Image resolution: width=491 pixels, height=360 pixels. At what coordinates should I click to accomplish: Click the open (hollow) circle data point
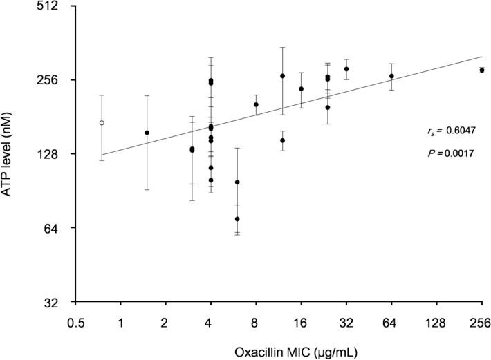click(x=102, y=123)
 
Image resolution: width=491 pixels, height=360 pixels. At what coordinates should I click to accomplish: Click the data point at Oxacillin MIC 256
click(x=482, y=70)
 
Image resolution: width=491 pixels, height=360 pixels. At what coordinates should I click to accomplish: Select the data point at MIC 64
click(x=391, y=76)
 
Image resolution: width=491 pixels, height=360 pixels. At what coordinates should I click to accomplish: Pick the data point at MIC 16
click(x=301, y=88)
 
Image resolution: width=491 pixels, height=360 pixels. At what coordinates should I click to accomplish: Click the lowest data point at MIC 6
click(x=237, y=219)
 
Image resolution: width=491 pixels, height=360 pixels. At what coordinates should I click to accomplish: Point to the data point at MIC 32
click(x=346, y=69)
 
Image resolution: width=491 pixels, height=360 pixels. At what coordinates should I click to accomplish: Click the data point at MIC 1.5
click(x=147, y=133)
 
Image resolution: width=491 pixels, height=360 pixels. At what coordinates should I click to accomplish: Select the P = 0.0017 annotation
click(x=450, y=153)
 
